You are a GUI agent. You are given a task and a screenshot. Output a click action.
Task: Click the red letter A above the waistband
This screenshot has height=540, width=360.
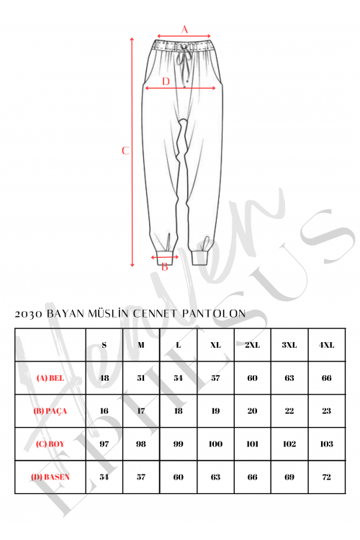coord(184,30)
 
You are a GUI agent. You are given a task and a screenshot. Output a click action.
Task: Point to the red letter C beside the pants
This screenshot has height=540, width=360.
coord(125,150)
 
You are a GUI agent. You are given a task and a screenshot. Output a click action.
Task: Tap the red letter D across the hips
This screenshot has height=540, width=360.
coord(166,81)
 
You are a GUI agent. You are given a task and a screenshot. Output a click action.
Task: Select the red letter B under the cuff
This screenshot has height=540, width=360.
coord(165,266)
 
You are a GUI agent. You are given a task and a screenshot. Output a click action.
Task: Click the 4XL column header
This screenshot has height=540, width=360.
coord(326,345)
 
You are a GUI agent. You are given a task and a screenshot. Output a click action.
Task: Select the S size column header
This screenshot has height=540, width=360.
coord(104,345)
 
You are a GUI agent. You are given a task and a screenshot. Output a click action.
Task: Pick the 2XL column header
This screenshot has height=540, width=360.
coord(252,345)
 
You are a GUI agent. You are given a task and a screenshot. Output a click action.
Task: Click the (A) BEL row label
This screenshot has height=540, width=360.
coord(50,378)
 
